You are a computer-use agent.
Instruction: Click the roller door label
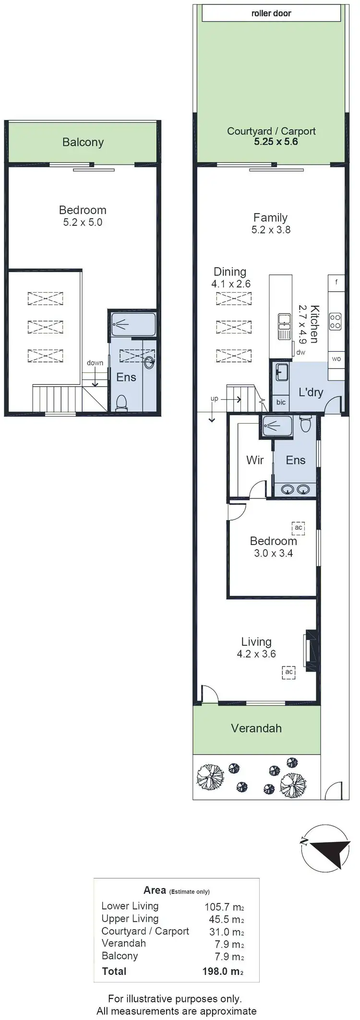pyautogui.click(x=271, y=13)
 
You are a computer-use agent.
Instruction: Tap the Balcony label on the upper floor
pyautogui.click(x=83, y=142)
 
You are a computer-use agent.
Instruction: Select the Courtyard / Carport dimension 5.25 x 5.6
pyautogui.click(x=276, y=142)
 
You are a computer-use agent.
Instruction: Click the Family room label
pyautogui.click(x=270, y=217)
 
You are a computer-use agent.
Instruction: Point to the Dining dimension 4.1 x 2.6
pyautogui.click(x=231, y=284)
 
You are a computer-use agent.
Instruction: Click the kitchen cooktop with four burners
pyautogui.click(x=336, y=321)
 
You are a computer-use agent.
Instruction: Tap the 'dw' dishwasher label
pyautogui.click(x=301, y=352)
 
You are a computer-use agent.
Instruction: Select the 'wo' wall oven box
pyautogui.click(x=336, y=359)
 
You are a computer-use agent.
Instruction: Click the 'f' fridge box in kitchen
pyautogui.click(x=336, y=282)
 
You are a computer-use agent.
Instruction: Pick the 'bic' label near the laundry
pyautogui.click(x=281, y=402)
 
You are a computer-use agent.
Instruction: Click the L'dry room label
pyautogui.click(x=311, y=392)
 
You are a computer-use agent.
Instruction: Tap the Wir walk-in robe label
pyautogui.click(x=255, y=460)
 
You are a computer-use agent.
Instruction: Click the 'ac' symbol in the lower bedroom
pyautogui.click(x=299, y=528)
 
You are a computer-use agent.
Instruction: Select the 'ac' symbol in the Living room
pyautogui.click(x=288, y=672)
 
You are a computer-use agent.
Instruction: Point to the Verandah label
pyautogui.click(x=256, y=728)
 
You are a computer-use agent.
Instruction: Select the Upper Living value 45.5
pyautogui.click(x=218, y=919)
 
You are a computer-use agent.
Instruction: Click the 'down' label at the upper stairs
pyautogui.click(x=95, y=363)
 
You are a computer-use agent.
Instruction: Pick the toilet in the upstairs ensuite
pyautogui.click(x=122, y=402)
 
